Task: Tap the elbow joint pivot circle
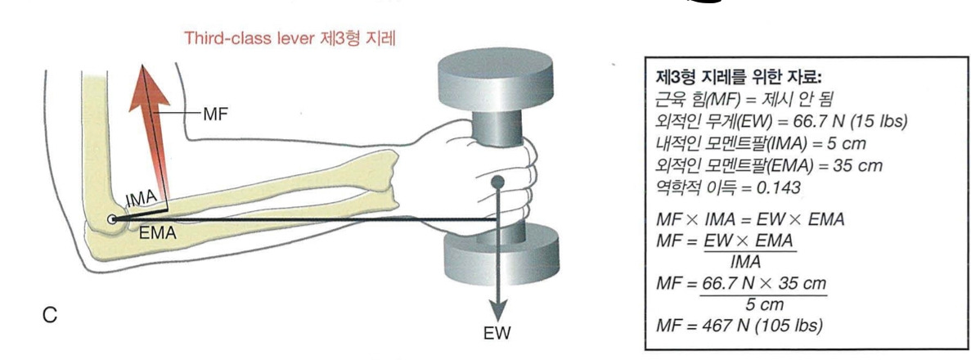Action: [111, 218]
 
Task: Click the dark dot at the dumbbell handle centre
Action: [496, 180]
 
